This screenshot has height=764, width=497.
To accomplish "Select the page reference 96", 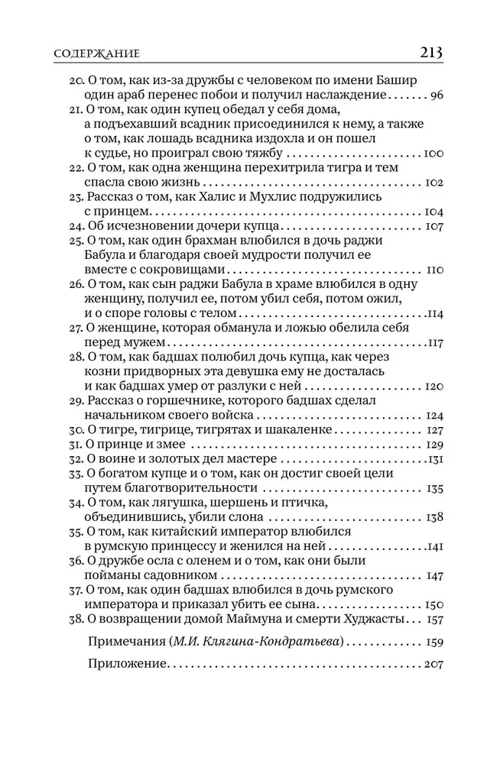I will click(x=437, y=96).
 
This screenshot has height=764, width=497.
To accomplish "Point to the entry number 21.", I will click(x=75, y=111).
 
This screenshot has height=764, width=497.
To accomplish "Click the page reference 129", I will click(x=434, y=445).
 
